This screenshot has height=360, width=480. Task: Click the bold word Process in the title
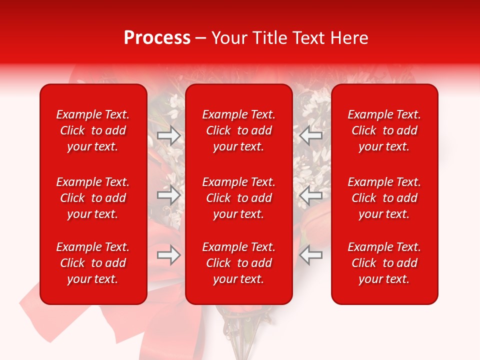[157, 38]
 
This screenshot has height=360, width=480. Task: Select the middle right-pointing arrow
[169, 195]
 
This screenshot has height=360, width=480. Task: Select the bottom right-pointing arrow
[169, 255]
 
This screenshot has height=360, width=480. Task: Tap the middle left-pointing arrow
[311, 195]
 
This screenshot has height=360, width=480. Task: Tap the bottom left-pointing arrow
[311, 255]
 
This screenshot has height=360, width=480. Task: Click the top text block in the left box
[93, 130]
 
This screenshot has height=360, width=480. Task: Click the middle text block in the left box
[93, 198]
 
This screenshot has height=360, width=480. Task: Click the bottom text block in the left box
[93, 263]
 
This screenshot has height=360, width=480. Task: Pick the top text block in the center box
[239, 130]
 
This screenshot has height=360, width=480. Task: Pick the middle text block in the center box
[239, 198]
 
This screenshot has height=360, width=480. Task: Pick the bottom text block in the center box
[239, 263]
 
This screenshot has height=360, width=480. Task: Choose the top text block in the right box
[384, 130]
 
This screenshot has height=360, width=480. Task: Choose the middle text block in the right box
[384, 198]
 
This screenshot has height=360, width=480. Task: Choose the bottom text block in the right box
[384, 263]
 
